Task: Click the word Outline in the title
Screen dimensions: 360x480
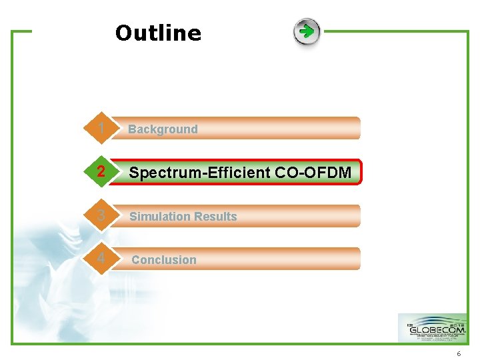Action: pyautogui.click(x=158, y=33)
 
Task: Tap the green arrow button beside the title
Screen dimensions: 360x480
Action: pyautogui.click(x=307, y=31)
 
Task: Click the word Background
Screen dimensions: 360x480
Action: pyautogui.click(x=163, y=129)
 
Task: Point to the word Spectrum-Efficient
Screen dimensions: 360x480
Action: pyautogui.click(x=199, y=173)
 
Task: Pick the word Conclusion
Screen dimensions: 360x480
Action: pyautogui.click(x=164, y=260)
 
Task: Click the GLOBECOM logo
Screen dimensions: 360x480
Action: pyautogui.click(x=433, y=328)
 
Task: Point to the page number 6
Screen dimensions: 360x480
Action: pyautogui.click(x=459, y=353)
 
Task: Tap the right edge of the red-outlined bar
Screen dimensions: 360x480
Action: pyautogui.click(x=361, y=172)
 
